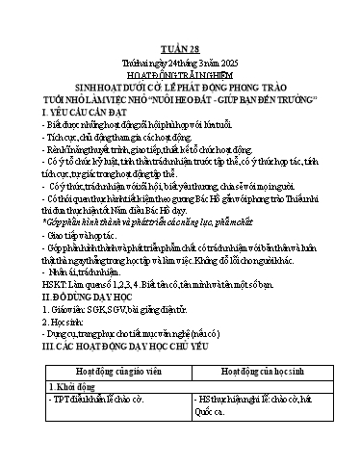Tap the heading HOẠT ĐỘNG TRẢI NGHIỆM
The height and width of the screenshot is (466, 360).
click(180, 74)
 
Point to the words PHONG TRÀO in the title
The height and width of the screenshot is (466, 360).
click(286, 86)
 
